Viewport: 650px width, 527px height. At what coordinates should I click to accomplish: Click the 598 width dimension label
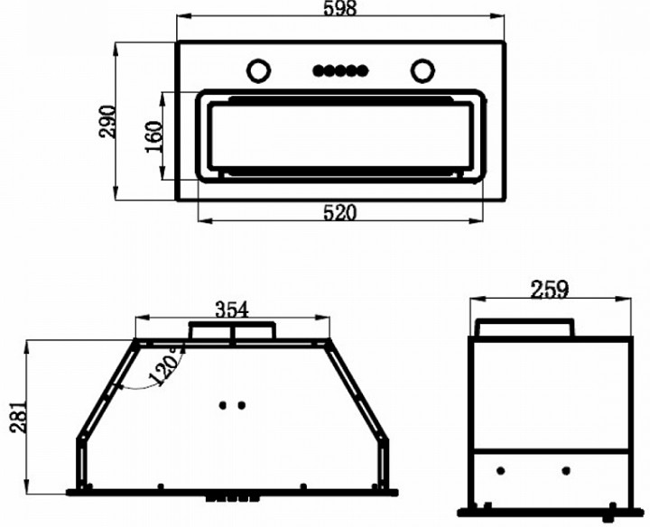[x=340, y=8]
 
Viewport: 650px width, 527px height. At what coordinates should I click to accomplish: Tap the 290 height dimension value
[x=107, y=122]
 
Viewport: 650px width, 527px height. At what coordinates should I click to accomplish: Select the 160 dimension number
[x=153, y=137]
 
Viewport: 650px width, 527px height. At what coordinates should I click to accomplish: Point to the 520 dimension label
[x=340, y=213]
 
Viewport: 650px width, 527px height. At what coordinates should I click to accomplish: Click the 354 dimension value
[x=232, y=310]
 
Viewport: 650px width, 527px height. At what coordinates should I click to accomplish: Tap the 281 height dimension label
[x=19, y=417]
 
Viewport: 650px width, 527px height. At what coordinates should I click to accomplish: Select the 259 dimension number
[x=549, y=290]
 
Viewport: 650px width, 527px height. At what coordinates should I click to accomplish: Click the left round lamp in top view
[x=259, y=70]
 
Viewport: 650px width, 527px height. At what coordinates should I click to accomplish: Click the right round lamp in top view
[x=422, y=70]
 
